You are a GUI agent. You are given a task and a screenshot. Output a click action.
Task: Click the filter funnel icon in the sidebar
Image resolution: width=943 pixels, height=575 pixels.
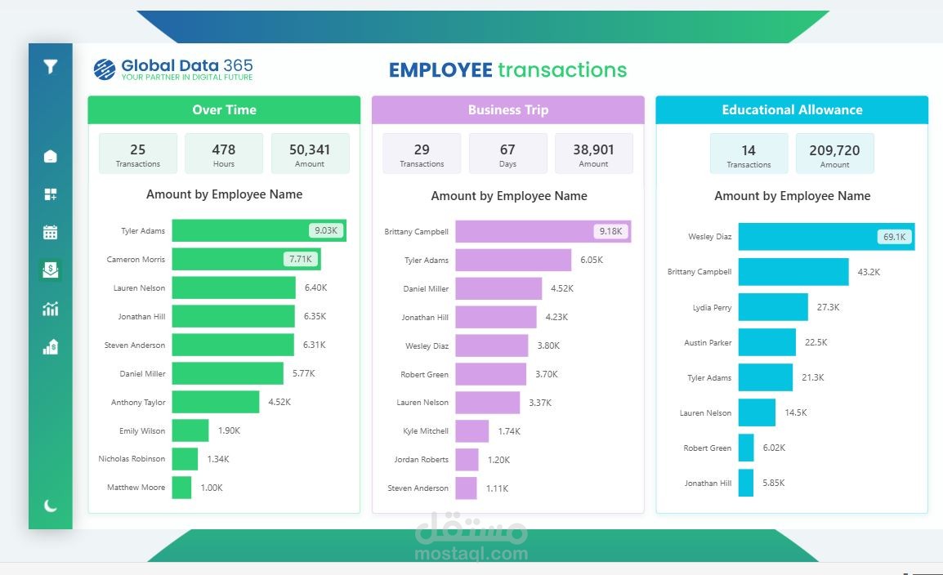pos(51,67)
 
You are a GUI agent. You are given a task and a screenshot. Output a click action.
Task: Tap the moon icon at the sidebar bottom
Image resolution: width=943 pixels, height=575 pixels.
pos(51,506)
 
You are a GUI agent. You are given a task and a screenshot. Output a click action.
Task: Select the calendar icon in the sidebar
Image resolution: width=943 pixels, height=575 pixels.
pos(51,232)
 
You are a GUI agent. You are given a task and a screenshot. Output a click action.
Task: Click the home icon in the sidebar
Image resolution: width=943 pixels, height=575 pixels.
pos(51,156)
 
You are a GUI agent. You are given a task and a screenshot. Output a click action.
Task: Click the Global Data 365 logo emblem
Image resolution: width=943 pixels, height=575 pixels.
pos(105,69)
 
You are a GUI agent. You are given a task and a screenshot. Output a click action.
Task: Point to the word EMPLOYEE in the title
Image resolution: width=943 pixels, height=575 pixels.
pos(440,70)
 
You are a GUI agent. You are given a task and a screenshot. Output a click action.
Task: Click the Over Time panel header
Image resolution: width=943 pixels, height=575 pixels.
pos(224,110)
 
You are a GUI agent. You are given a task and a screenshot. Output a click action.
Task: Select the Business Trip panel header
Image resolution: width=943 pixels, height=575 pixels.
pos(507,110)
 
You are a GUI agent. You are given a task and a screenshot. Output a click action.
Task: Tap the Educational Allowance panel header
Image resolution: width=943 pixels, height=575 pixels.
pos(792,110)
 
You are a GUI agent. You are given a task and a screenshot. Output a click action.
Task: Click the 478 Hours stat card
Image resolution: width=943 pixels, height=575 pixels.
pos(224,154)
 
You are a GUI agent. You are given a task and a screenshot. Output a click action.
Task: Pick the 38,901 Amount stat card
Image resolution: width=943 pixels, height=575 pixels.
pos(593,154)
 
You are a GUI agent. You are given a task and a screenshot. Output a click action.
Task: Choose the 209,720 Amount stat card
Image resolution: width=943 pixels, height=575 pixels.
pos(834,154)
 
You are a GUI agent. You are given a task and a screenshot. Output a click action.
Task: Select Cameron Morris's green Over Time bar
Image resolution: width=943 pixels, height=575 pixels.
pos(245,260)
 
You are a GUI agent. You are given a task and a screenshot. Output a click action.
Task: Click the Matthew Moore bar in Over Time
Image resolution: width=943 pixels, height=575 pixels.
pos(181,488)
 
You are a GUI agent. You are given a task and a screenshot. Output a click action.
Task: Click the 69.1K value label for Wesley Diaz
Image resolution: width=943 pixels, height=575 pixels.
pos(893,237)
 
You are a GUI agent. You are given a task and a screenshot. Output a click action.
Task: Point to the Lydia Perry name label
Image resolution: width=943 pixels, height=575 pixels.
pos(712,308)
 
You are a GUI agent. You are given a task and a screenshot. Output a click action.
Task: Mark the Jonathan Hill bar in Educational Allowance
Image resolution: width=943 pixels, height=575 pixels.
pos(745,483)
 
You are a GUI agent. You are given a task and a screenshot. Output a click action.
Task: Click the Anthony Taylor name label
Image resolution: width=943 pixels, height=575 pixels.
pos(138,403)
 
